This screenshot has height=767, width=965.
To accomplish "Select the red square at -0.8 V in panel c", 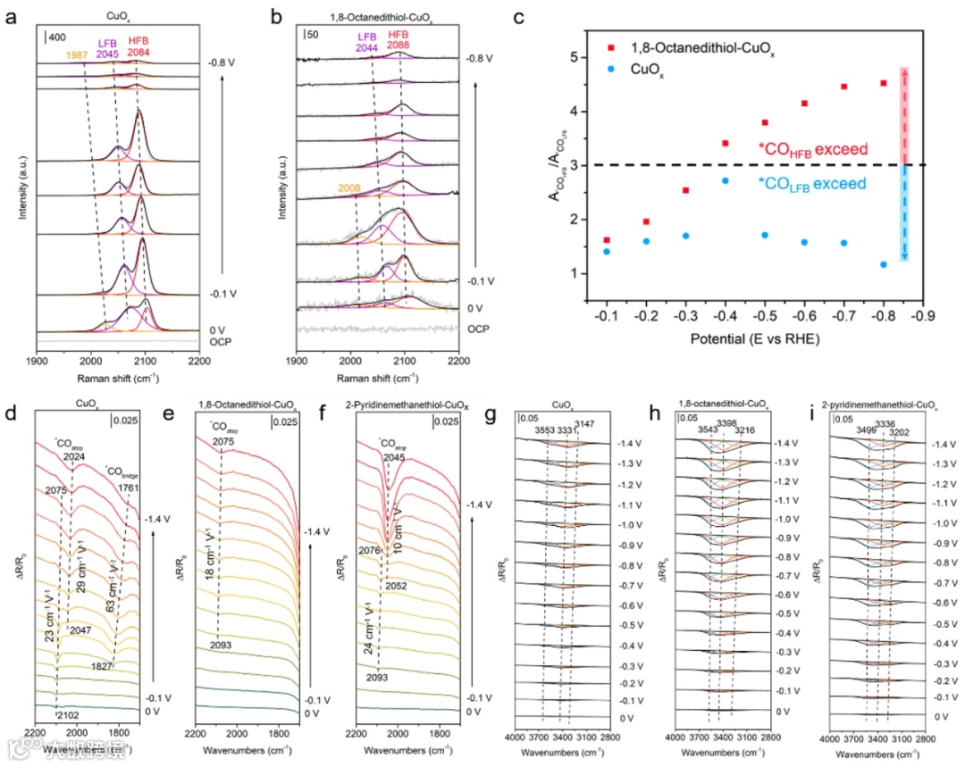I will [x=884, y=83].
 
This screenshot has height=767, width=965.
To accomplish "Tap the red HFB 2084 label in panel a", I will [x=138, y=46].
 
